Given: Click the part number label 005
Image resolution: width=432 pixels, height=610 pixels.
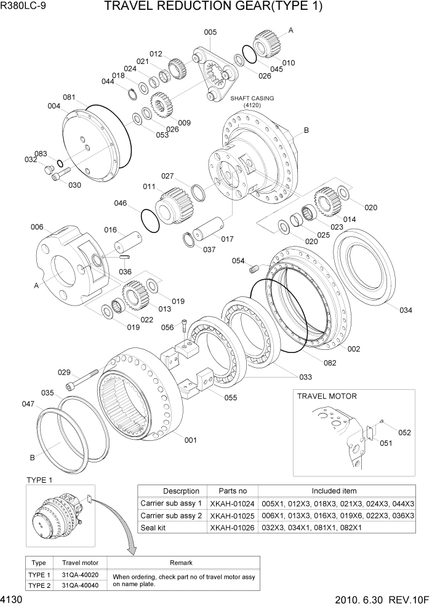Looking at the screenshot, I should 210,32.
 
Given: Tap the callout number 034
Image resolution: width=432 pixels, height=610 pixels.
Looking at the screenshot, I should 405,311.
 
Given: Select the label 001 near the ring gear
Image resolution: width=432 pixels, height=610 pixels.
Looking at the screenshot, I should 191,440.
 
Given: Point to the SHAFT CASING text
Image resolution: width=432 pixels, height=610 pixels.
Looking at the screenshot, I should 252,98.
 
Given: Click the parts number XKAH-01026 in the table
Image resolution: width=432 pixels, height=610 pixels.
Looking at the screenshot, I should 233,527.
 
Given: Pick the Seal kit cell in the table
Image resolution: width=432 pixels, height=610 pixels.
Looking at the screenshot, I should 156,527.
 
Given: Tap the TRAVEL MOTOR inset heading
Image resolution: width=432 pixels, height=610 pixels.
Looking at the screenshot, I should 327,397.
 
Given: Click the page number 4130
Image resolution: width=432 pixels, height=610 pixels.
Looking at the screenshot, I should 13,600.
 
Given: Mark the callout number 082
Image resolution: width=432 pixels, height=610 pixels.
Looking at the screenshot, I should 330,363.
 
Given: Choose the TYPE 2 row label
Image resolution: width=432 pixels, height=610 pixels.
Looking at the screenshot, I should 39,585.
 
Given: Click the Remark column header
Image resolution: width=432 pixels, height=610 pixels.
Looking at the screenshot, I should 182,563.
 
